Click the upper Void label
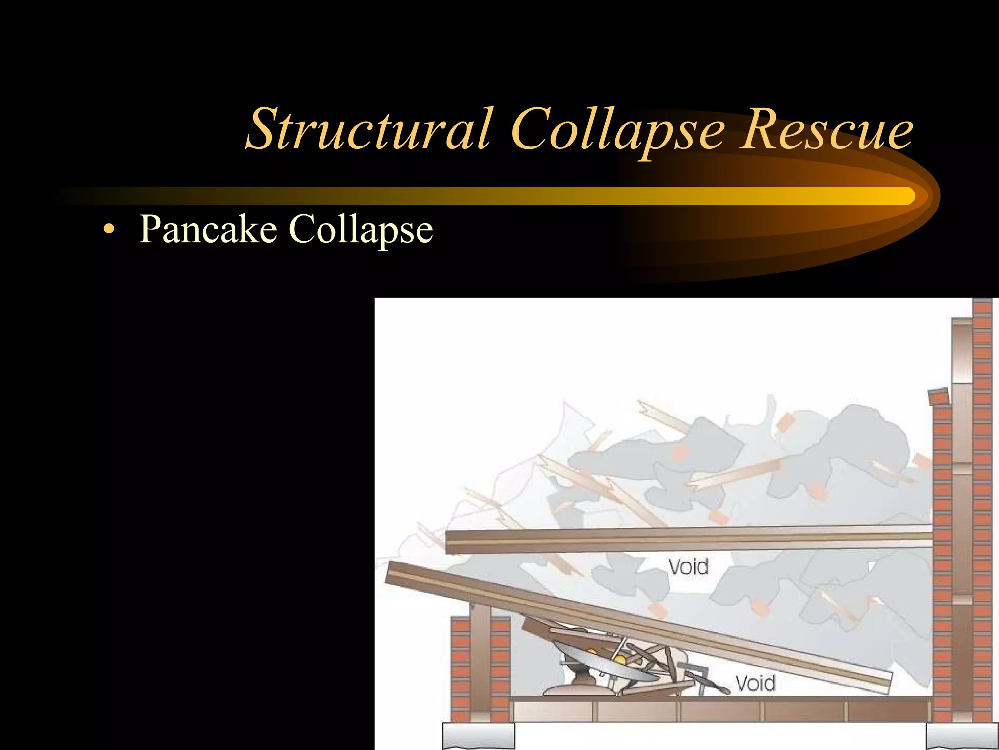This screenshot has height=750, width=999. pyautogui.click(x=688, y=567)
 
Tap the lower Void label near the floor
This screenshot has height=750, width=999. pyautogui.click(x=755, y=683)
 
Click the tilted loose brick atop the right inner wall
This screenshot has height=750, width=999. pyautogui.click(x=939, y=396)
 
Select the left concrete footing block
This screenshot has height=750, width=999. pyautogui.click(x=478, y=735)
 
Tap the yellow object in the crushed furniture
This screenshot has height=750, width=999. pyautogui.click(x=620, y=660)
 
